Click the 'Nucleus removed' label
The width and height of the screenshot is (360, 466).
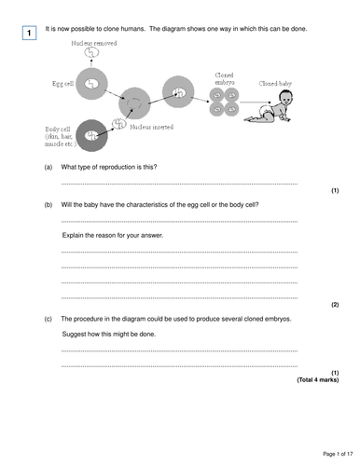(92, 43)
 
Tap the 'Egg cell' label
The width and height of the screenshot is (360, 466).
(62, 84)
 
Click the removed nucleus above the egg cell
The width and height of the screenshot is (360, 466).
(91, 55)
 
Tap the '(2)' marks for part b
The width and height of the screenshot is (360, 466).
(334, 305)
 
